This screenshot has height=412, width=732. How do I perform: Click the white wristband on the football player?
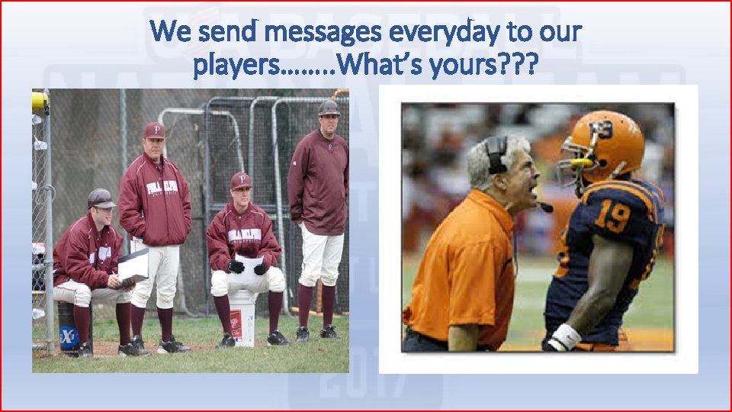565,336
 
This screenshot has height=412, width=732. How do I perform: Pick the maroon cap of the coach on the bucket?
241,180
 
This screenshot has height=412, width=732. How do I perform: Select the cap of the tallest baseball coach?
329,107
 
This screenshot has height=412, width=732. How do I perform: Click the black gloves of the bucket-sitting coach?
249,267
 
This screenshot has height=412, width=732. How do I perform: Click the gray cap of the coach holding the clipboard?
101,198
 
